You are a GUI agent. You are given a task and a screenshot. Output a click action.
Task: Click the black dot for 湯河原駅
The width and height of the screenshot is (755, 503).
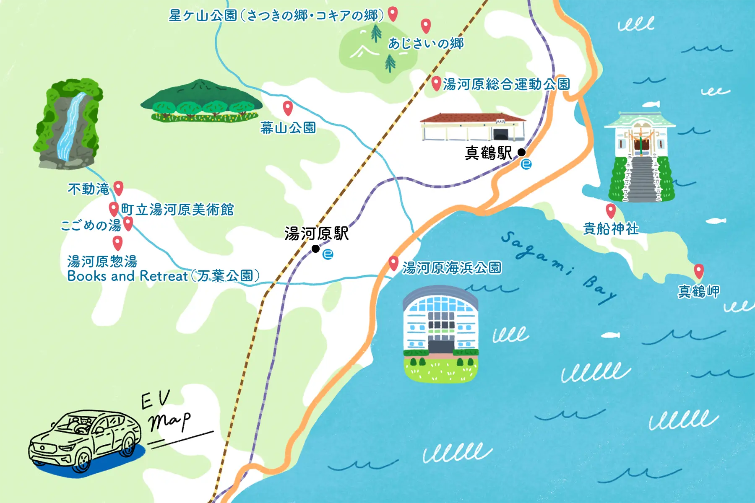pyautogui.click(x=315, y=249)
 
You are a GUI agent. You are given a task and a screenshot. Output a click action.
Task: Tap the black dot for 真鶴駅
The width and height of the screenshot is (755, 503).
pyautogui.click(x=521, y=152)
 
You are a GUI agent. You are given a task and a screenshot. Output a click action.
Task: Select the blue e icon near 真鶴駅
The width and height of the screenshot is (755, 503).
pyautogui.click(x=526, y=164)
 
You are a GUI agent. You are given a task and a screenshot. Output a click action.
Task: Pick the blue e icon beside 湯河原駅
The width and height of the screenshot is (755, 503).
pyautogui.click(x=328, y=254)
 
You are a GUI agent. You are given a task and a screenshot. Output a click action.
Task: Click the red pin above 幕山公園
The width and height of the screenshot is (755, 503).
pyautogui.click(x=287, y=108)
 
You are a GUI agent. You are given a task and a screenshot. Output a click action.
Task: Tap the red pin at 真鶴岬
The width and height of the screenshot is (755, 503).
pyautogui.click(x=698, y=271)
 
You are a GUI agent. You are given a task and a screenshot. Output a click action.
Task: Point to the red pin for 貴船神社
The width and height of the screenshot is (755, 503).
pyautogui.click(x=611, y=210)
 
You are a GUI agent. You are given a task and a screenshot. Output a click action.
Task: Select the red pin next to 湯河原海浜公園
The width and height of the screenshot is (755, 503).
pyautogui.click(x=393, y=263)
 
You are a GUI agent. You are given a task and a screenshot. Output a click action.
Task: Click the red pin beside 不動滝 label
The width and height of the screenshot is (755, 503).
pyautogui.click(x=119, y=188)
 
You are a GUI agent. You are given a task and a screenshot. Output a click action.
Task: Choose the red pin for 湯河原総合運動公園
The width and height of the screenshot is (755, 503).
pyautogui.click(x=436, y=83)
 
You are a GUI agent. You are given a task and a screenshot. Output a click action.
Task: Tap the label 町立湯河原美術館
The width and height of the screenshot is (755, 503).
pyautogui.click(x=177, y=209)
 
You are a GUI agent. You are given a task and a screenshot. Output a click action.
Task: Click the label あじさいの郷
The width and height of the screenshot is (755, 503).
pyautogui.click(x=426, y=43)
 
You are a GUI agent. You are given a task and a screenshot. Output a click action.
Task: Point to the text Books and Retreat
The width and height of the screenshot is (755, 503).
pyautogui.click(x=128, y=276)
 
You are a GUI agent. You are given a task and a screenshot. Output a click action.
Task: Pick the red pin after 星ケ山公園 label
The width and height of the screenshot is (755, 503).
pyautogui.click(x=393, y=14)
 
